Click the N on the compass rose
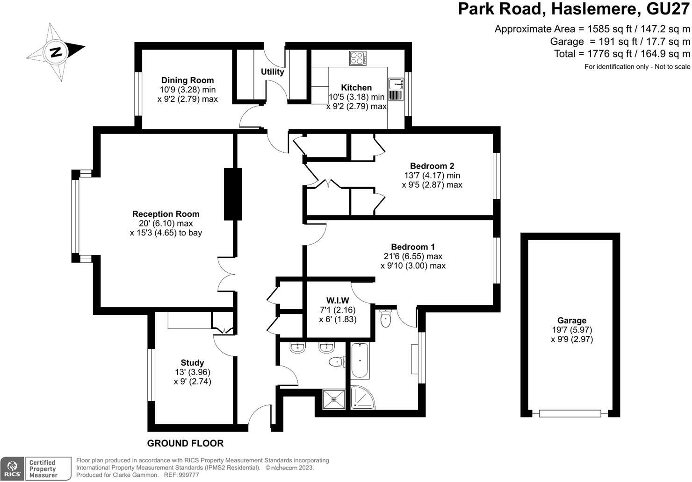click(56, 52)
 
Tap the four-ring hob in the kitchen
click(358, 58)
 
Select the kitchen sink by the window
click(396, 84)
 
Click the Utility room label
click(272, 71)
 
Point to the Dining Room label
click(187, 80)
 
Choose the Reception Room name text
click(166, 214)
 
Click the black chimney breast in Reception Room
click(232, 194)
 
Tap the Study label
click(192, 362)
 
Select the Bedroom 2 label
click(432, 166)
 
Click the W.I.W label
click(338, 300)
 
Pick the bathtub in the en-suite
click(360, 360)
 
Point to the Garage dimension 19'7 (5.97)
click(571, 330)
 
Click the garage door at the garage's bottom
click(569, 413)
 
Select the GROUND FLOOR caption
click(185, 443)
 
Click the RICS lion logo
click(13, 468)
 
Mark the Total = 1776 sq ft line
click(621, 54)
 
